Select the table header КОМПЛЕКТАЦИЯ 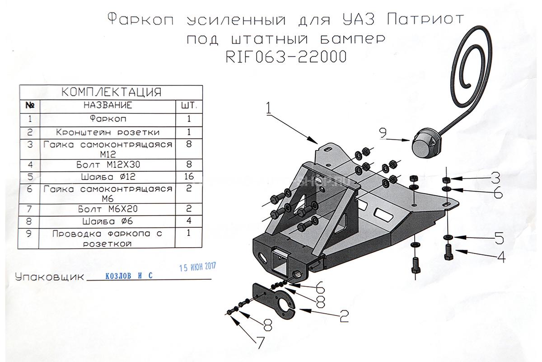pos(111,92)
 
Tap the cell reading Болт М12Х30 pos(108,163)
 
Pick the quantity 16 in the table pos(189,176)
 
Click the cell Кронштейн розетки pos(108,132)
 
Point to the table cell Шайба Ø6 pos(108,221)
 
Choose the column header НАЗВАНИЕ pos(108,105)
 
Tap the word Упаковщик pos(49,277)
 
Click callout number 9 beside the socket pos(383,133)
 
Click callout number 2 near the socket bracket pos(344,316)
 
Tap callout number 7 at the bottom pos(261,342)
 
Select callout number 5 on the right pos(498,238)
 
